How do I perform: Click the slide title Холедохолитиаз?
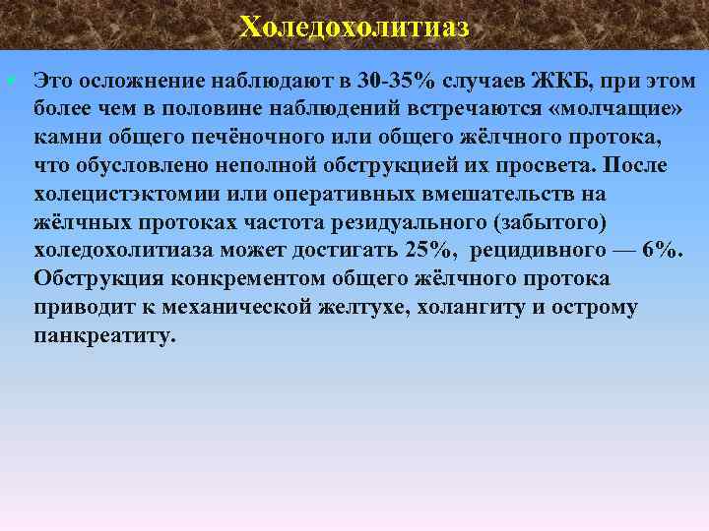click(354, 26)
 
